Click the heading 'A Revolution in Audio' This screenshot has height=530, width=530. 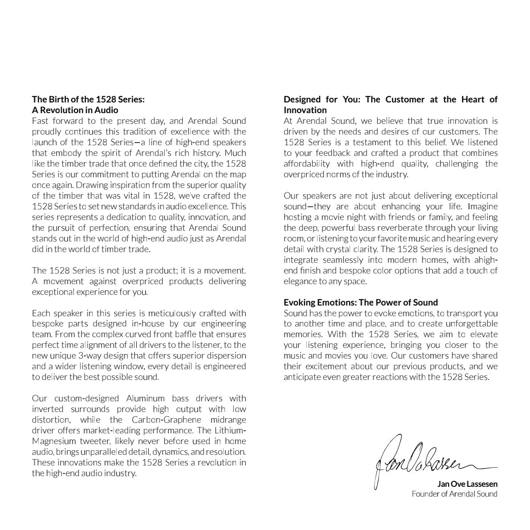point(75,110)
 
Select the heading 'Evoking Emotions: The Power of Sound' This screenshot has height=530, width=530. point(361,302)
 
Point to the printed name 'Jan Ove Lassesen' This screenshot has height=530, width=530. point(468,484)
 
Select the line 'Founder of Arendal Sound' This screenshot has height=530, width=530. point(454,494)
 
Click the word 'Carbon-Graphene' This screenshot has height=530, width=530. point(163,420)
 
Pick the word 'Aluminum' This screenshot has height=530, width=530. point(145,399)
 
